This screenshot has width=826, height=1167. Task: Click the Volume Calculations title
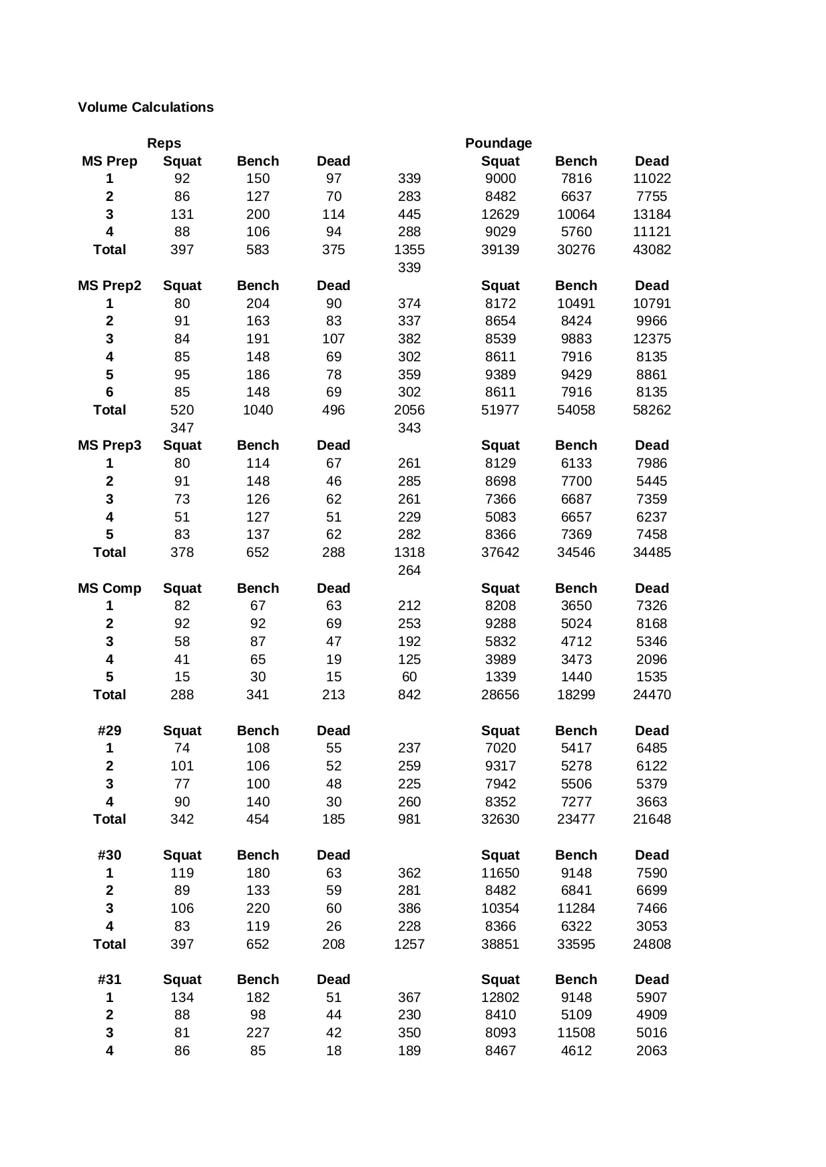coord(145,107)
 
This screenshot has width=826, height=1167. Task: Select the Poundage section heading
coord(498,143)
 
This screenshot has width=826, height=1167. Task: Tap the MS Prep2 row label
coord(109,285)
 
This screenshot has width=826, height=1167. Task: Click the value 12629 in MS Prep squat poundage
coord(500,214)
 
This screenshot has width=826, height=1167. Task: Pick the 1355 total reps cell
coord(409,250)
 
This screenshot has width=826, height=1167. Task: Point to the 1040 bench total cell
coord(258,410)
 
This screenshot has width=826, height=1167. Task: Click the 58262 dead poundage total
coord(651,410)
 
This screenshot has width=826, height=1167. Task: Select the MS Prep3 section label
coord(109,445)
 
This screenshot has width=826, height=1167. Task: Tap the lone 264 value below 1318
coord(409,570)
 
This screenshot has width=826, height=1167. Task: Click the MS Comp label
coord(109,588)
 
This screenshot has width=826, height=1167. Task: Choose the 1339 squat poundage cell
coord(500,677)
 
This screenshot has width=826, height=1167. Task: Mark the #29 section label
coord(109,731)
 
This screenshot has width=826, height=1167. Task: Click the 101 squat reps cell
coord(182,766)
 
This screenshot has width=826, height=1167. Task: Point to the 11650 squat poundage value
coord(500,873)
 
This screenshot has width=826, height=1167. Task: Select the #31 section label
coord(109,979)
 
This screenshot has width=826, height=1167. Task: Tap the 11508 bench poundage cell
coord(576,1033)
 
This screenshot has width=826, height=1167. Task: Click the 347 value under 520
coord(182,428)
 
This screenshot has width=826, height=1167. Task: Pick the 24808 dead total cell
coord(651,944)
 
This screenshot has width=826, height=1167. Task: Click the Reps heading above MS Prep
coord(164,143)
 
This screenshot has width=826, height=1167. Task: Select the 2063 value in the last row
coord(651,1051)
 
